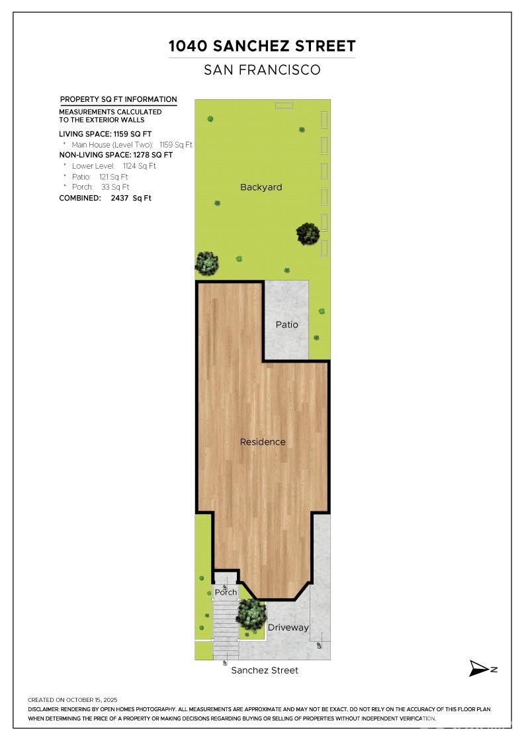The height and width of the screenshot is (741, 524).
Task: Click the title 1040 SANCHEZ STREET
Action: click(x=262, y=46)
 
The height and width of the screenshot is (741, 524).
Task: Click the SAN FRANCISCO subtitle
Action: click(x=262, y=69)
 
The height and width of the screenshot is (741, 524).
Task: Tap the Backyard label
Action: click(x=261, y=187)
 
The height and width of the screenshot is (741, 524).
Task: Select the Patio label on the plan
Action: click(x=287, y=325)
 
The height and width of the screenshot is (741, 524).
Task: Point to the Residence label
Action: click(x=263, y=442)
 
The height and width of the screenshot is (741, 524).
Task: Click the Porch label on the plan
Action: click(x=226, y=593)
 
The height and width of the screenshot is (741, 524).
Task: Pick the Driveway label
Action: click(x=288, y=627)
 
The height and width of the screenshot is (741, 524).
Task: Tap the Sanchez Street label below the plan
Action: click(x=265, y=670)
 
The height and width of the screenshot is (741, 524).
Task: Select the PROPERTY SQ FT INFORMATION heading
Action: click(x=118, y=99)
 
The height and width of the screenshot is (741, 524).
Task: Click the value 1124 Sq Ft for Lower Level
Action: click(x=139, y=166)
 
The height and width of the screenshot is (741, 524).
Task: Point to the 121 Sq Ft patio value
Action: click(x=113, y=177)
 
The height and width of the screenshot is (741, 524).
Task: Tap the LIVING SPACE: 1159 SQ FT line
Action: click(x=105, y=134)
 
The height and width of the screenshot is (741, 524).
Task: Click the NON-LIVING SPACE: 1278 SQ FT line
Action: click(x=116, y=155)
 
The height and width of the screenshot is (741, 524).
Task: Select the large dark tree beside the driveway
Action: click(x=251, y=614)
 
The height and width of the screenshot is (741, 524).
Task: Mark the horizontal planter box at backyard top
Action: click(x=284, y=105)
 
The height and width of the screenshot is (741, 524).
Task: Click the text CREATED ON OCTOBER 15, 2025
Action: click(x=72, y=699)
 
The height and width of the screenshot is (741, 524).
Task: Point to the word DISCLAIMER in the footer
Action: click(x=44, y=709)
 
